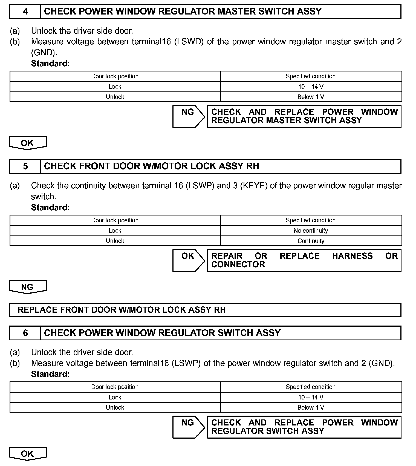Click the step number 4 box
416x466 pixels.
click(x=25, y=11)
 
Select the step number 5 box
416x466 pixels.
click(x=25, y=166)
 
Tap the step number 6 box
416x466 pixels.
click(x=25, y=333)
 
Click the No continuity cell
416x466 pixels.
click(x=311, y=231)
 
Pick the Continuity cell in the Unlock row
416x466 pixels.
click(x=311, y=241)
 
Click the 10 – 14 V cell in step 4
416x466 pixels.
click(x=311, y=87)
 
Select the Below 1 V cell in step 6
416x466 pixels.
click(x=311, y=408)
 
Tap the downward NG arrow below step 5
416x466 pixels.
click(x=27, y=287)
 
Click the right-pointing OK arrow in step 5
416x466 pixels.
click(x=188, y=260)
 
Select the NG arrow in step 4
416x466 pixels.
click(x=188, y=116)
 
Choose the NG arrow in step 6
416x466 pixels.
click(x=188, y=427)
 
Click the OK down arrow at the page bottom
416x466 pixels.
click(x=27, y=454)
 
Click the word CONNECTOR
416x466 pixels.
click(x=238, y=264)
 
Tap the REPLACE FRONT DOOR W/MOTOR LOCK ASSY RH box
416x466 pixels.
click(x=205, y=310)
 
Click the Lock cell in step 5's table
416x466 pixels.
click(x=115, y=231)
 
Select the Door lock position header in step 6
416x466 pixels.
click(x=115, y=387)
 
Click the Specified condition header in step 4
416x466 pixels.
click(x=311, y=76)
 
